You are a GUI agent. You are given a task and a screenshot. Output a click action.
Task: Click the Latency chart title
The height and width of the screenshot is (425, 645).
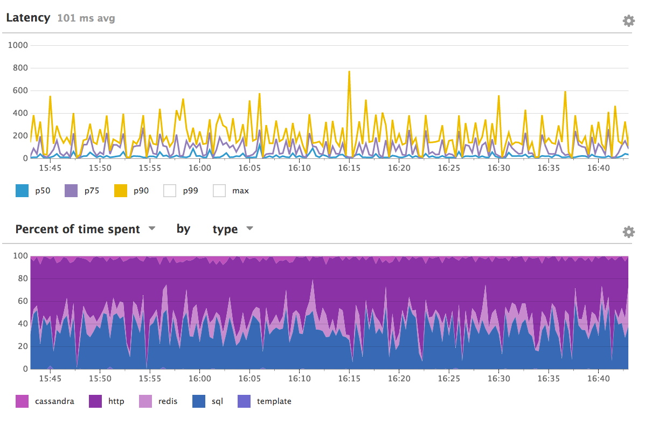28,18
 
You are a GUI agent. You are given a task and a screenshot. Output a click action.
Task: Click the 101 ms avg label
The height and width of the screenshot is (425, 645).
86,18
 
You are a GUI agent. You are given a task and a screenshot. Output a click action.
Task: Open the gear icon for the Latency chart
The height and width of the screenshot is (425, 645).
628,21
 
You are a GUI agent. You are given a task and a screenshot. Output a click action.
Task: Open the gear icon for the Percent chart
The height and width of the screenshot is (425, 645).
628,232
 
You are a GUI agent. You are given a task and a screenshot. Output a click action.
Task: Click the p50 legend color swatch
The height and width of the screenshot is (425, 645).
22,190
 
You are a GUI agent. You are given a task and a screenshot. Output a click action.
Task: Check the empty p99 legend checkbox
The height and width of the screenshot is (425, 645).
170,190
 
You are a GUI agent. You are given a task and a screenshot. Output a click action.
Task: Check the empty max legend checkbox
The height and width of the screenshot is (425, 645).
219,190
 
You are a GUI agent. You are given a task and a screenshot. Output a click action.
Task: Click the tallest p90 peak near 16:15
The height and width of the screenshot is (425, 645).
349,72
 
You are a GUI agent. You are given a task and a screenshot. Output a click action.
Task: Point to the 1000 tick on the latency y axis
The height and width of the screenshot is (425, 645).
18,45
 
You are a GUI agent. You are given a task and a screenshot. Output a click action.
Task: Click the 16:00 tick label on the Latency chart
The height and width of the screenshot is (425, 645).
200,168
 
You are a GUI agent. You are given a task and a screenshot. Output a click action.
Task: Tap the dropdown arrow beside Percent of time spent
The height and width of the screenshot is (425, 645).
152,228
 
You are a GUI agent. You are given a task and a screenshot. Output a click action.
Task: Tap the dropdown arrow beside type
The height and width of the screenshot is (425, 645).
249,228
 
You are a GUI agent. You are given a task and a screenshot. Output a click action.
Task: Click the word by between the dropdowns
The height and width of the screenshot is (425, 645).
183,229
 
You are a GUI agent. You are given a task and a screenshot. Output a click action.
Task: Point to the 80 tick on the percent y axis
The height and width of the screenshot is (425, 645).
22,279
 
